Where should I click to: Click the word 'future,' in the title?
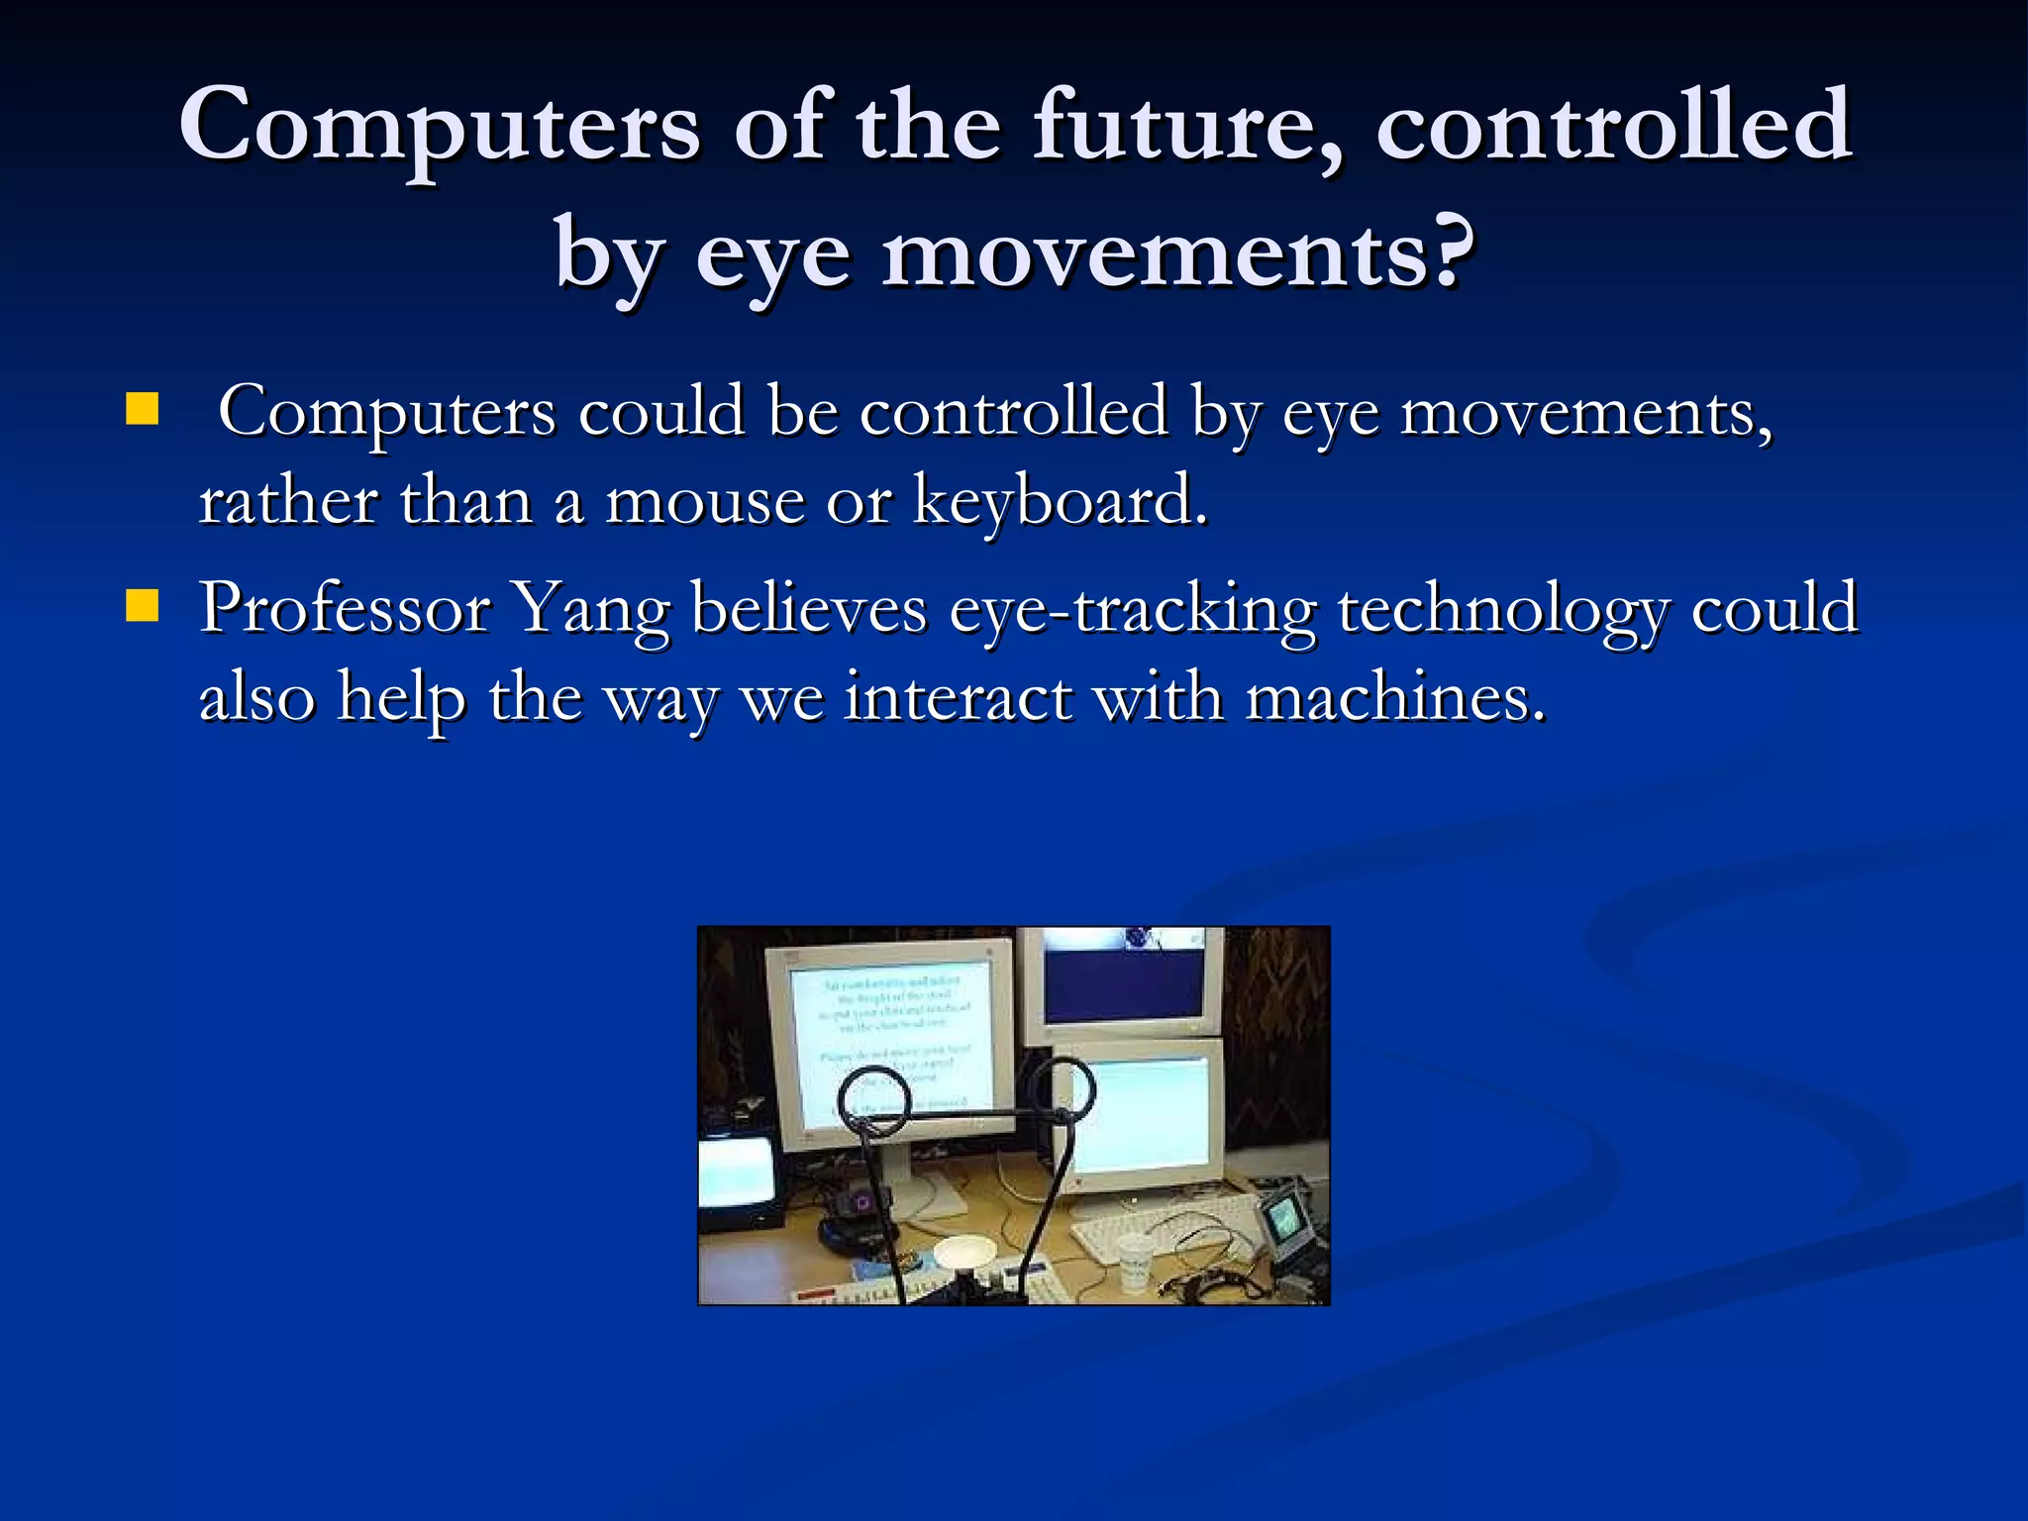click(1188, 127)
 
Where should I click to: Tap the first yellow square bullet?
click(143, 409)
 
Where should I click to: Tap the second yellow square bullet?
click(143, 605)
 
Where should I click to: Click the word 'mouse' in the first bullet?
click(704, 501)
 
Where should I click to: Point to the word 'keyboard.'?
click(1060, 501)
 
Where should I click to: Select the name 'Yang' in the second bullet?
click(591, 608)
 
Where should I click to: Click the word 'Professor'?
click(345, 608)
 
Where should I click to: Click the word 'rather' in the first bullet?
click(288, 501)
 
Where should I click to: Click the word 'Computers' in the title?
click(440, 127)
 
